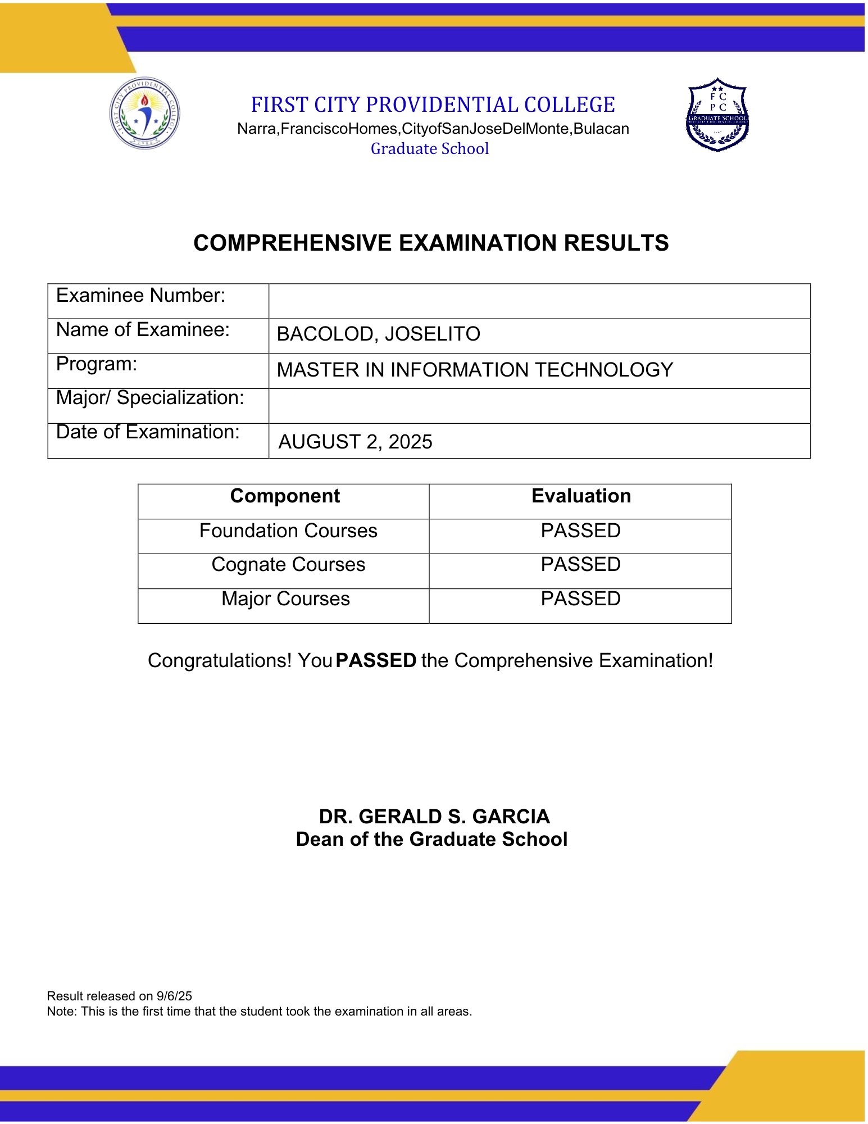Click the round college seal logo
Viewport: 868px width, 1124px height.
click(144, 113)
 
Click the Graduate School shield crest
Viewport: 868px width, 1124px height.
click(717, 115)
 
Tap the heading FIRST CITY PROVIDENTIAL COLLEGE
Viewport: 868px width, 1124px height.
click(433, 105)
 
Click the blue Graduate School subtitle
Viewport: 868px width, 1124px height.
click(430, 149)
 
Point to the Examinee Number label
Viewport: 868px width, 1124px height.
click(140, 296)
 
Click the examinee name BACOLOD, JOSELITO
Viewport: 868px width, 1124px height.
click(378, 334)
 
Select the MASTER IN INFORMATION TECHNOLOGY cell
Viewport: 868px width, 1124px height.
click(475, 370)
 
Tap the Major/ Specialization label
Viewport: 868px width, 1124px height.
click(150, 398)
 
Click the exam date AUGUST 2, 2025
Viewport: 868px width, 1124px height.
click(355, 442)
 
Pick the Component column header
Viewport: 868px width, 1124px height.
click(285, 496)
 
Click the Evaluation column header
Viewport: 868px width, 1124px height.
click(581, 496)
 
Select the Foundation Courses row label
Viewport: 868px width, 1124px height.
click(288, 531)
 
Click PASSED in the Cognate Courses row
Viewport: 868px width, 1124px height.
click(580, 565)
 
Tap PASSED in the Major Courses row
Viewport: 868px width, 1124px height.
click(580, 599)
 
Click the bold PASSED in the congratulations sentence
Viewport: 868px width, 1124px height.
click(376, 661)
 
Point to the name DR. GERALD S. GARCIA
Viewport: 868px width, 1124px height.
click(434, 817)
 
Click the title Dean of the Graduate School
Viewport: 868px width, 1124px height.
click(431, 840)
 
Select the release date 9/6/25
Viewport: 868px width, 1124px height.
click(174, 996)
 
